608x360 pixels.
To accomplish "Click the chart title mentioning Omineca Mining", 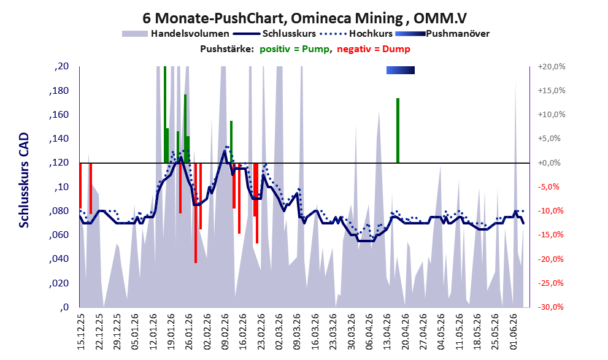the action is click(x=304, y=18).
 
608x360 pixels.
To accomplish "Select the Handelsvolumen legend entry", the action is click(x=175, y=34).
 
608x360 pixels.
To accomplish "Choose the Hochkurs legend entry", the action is click(x=356, y=34).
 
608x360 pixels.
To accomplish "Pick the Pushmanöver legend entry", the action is click(x=442, y=34).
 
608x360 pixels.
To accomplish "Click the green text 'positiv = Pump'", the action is click(x=294, y=49).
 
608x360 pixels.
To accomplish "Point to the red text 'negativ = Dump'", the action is click(x=374, y=49).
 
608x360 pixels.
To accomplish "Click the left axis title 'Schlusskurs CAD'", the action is click(x=24, y=180).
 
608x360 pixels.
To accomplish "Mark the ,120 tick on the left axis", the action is click(x=59, y=163).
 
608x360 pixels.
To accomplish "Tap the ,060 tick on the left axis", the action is click(x=59, y=235).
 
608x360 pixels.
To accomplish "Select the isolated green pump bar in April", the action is click(x=398, y=131).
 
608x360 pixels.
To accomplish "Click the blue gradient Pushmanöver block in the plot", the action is click(x=401, y=70).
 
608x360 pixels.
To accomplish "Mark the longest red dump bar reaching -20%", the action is click(x=196, y=213).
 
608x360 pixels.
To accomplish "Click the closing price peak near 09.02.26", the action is click(x=225, y=151).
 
